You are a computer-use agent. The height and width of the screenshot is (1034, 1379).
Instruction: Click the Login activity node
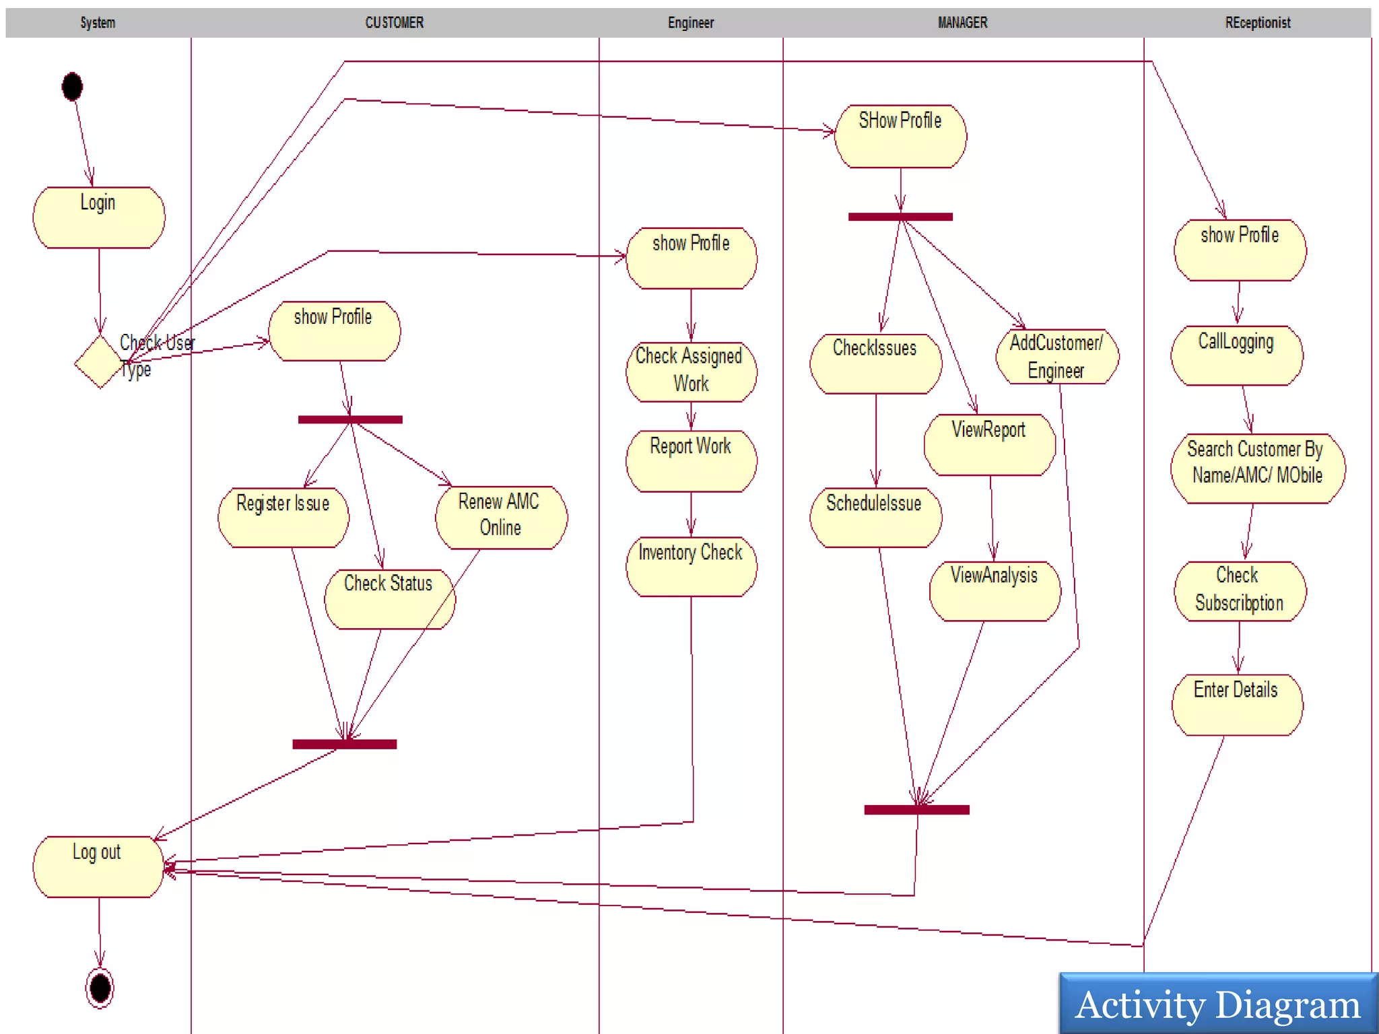tap(99, 217)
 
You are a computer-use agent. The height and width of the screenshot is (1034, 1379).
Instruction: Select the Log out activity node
tap(98, 866)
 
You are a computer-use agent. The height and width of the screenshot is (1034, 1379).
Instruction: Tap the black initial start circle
tap(72, 87)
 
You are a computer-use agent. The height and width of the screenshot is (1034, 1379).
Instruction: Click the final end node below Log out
tap(100, 988)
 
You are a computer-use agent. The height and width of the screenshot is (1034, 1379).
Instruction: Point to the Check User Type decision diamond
tap(99, 362)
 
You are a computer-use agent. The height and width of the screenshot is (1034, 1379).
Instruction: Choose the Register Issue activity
tap(283, 517)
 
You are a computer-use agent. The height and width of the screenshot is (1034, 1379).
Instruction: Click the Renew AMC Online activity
tap(501, 517)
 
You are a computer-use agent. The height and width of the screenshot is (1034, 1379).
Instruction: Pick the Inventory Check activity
tap(691, 566)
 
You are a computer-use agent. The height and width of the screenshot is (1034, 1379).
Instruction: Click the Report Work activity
tap(691, 461)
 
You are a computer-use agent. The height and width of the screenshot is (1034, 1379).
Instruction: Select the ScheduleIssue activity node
tap(875, 517)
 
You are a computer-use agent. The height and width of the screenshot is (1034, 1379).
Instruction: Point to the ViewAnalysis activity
tap(995, 590)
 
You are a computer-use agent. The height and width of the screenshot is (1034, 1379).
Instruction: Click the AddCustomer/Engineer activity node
tap(1056, 357)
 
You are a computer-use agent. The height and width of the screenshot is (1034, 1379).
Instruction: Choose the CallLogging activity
tap(1237, 355)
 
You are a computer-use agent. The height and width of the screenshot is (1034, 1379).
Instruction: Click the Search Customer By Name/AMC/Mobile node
tap(1257, 468)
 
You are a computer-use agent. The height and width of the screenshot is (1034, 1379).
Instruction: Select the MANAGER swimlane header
tap(962, 23)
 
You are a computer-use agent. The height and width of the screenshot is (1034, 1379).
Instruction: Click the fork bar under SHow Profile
tap(900, 217)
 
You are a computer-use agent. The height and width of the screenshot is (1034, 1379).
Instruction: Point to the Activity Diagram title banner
tap(1218, 1004)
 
